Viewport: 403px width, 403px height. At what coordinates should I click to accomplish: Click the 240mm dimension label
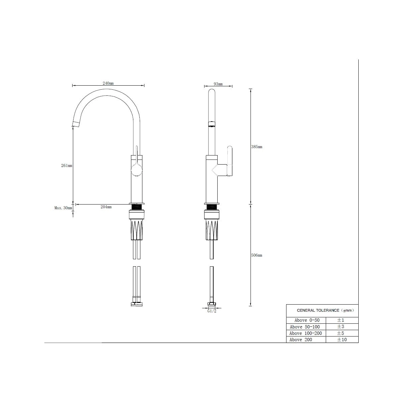coord(108,83)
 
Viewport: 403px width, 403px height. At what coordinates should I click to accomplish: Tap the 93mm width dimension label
coord(218,84)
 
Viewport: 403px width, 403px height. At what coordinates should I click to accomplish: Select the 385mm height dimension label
coord(257,147)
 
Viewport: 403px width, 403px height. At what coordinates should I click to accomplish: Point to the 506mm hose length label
coord(257,255)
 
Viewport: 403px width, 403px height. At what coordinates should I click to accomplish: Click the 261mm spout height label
coord(66,166)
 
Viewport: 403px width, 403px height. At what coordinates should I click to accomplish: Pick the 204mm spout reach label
coord(106,207)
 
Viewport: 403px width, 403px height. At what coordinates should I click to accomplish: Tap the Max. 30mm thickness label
coord(63,208)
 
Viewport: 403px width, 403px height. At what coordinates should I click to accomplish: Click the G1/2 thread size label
coord(212,311)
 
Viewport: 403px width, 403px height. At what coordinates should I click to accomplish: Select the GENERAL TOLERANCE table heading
coord(325,310)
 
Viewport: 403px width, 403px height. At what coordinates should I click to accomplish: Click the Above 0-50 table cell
coord(307,320)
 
